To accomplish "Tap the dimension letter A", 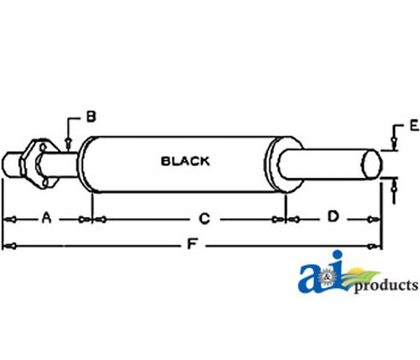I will pos(47,218).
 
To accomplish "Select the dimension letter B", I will pos(91,117).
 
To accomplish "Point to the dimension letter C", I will pos(204,219).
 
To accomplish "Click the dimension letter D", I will pos(333,217).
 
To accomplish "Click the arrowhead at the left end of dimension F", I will pos(8,246).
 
